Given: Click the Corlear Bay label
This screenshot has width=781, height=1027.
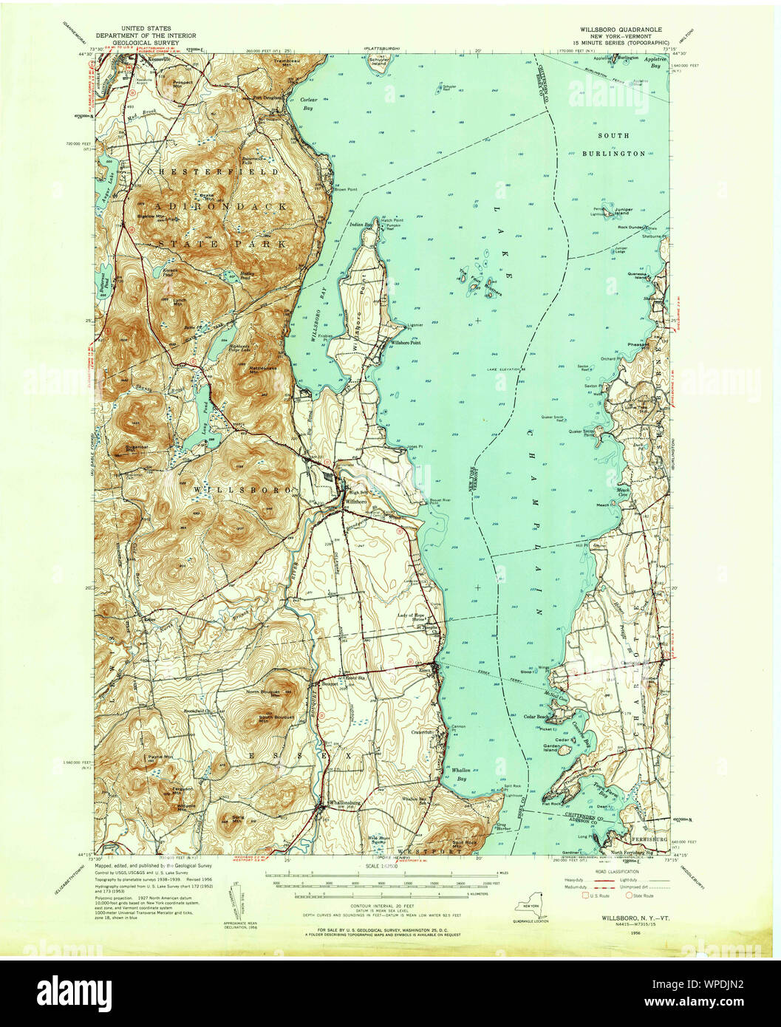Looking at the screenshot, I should click(309, 103).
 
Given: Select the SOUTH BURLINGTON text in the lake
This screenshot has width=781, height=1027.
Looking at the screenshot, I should click(613, 145).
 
